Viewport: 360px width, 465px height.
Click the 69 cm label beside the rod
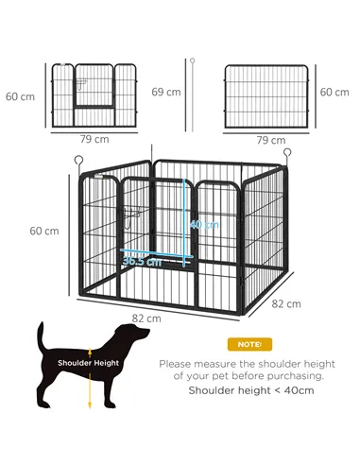166,92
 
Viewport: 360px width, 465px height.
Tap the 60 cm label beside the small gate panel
19,95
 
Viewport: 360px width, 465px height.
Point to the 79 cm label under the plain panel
271,140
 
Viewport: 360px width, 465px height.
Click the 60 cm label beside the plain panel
334,92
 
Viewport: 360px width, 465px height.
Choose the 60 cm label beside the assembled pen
43,231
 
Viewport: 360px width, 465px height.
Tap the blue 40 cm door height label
203,225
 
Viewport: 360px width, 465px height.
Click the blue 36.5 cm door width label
141,262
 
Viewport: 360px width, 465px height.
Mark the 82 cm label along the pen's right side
286,303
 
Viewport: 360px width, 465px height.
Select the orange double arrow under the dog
90,389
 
